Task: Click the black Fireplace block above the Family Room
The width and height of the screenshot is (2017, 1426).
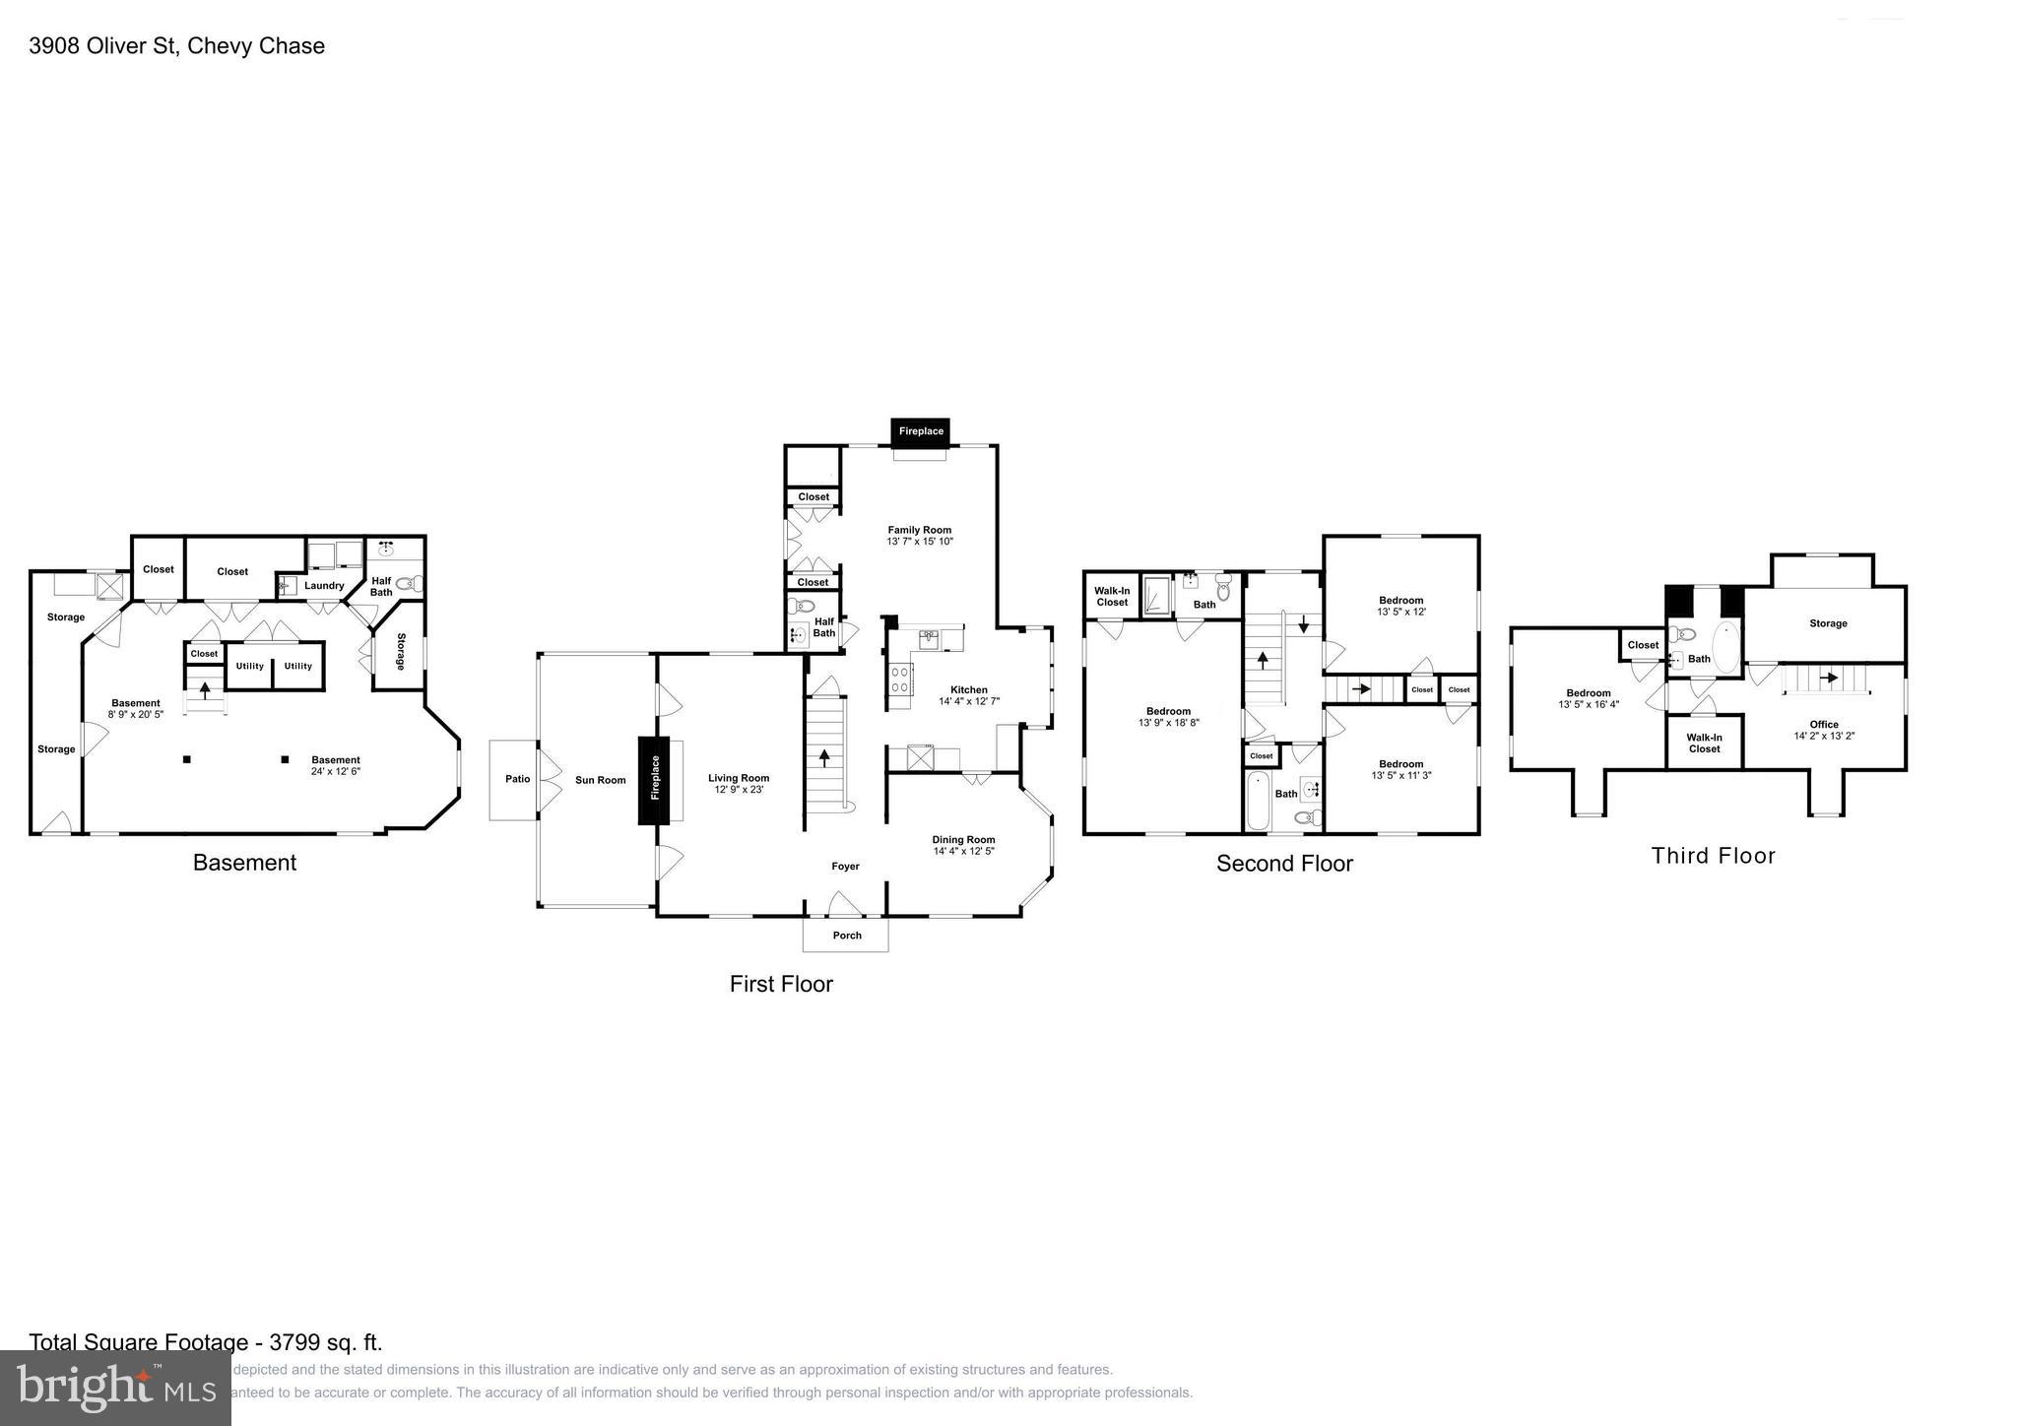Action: (x=920, y=431)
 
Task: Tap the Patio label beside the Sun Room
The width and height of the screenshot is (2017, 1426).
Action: (x=517, y=779)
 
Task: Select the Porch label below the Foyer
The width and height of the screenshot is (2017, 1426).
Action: (x=846, y=936)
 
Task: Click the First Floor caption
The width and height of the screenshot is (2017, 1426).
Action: (x=781, y=984)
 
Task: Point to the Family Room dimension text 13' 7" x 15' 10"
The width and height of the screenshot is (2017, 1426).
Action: (x=920, y=542)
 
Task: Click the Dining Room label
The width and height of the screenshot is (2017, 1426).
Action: (x=963, y=840)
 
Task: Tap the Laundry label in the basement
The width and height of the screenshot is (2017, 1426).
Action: (x=324, y=586)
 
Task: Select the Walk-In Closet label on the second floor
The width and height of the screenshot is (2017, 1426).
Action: (x=1112, y=596)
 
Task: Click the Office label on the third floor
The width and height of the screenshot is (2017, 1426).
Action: (x=1823, y=724)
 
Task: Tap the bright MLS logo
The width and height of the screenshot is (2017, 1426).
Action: (x=115, y=1388)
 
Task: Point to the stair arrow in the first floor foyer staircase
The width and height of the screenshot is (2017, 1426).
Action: (x=824, y=758)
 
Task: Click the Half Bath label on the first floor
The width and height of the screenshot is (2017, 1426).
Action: (x=823, y=627)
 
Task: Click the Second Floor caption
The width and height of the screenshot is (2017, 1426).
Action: (x=1284, y=864)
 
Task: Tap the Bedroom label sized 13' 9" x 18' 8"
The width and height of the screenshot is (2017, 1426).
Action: (x=1168, y=711)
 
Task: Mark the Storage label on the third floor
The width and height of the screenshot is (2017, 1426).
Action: (x=1827, y=623)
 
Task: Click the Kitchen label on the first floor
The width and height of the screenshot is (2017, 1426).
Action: (x=968, y=690)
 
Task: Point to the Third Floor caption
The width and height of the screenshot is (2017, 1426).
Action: (x=1713, y=856)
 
